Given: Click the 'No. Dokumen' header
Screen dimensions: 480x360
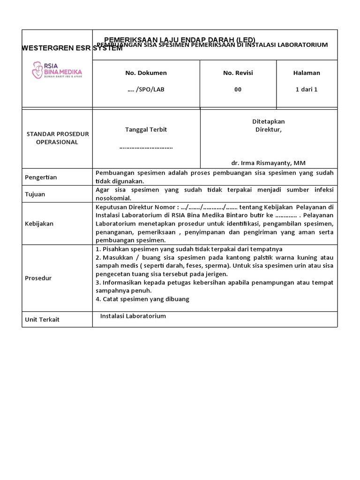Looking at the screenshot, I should tap(146, 73).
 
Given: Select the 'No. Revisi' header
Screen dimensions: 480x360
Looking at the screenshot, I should tap(238, 73).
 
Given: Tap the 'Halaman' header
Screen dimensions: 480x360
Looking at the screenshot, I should tap(307, 73).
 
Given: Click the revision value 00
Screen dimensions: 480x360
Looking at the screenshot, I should tap(238, 90).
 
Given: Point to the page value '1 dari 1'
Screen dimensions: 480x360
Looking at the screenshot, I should tap(307, 90).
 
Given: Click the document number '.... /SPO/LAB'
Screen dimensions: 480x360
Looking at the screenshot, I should tap(146, 90).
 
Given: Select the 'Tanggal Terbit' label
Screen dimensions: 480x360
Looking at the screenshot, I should tap(146, 130).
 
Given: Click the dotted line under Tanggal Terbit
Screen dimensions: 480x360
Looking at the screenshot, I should tap(146, 147).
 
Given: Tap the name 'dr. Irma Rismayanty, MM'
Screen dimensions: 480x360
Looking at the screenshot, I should tap(268, 163).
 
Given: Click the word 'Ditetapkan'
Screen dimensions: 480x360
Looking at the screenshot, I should tap(268, 121).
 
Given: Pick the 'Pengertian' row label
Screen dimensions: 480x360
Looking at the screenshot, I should tap(41, 177).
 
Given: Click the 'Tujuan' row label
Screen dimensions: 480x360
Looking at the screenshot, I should tap(35, 194).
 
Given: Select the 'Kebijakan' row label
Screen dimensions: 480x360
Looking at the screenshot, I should tap(39, 224).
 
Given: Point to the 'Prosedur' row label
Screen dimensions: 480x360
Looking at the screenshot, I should tap(38, 278).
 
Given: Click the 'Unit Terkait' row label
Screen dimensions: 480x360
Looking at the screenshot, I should tap(42, 320).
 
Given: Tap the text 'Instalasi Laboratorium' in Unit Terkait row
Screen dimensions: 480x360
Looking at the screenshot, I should tap(133, 316).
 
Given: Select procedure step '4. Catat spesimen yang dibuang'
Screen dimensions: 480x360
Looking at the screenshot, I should tap(142, 299).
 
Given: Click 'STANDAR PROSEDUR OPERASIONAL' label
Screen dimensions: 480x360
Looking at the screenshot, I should tap(57, 138).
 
